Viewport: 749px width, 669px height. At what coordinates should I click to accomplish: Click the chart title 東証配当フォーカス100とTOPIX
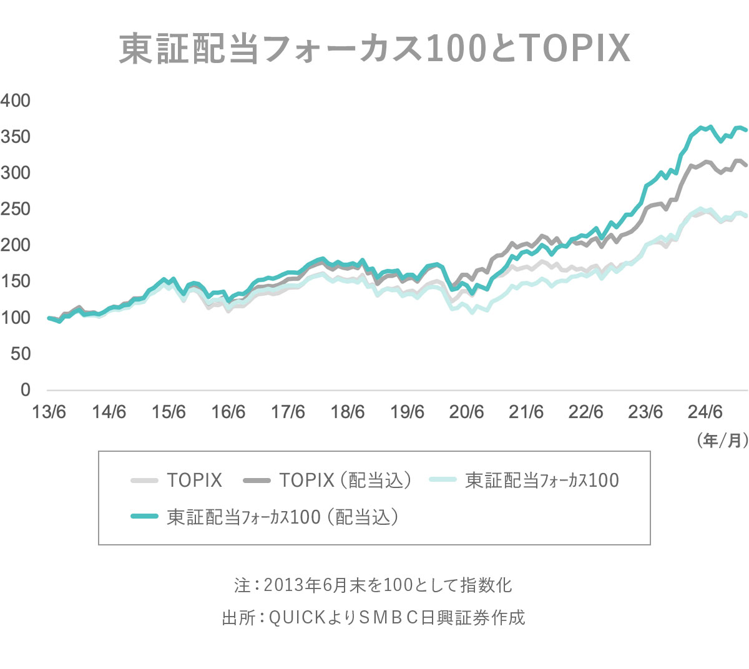click(374, 48)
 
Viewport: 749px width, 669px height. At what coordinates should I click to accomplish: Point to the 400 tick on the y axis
click(16, 100)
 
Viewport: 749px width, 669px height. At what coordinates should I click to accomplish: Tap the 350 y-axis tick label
click(16, 137)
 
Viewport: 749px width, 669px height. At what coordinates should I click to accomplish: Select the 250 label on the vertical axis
click(16, 209)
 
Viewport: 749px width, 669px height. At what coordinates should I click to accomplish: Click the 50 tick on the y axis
click(20, 354)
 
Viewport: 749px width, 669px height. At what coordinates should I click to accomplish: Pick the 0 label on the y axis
click(25, 390)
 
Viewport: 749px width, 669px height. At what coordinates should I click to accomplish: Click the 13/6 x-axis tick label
click(49, 412)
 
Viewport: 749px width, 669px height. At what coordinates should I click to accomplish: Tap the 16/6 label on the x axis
click(228, 412)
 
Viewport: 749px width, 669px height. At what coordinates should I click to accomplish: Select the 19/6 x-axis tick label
click(407, 412)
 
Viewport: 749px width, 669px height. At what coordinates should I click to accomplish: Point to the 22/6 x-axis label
click(585, 412)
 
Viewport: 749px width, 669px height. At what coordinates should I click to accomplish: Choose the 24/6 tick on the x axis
click(705, 412)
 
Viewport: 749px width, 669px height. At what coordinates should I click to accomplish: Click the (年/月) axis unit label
click(722, 441)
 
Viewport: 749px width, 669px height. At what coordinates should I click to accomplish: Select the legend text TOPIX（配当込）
click(346, 480)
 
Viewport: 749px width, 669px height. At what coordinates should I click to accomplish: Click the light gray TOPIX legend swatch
click(144, 480)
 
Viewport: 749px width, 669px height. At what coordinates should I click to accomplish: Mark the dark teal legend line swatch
click(144, 517)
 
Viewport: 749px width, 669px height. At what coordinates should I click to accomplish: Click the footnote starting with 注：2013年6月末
click(373, 585)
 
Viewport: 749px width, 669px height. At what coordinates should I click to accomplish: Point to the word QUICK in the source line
click(297, 617)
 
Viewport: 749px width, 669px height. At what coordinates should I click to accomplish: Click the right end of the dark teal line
click(746, 130)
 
